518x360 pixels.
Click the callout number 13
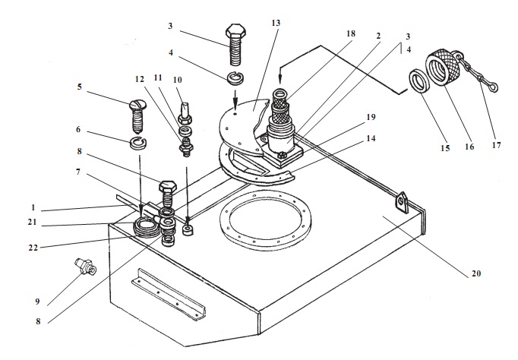pyautogui.click(x=275, y=24)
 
